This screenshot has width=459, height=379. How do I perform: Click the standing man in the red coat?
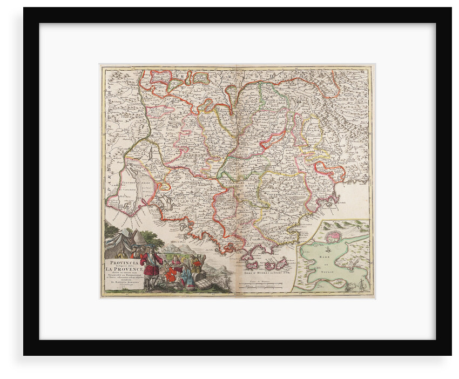click(152, 265)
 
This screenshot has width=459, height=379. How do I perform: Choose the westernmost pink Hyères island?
click(250, 265)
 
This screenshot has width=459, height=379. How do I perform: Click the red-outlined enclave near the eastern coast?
click(330, 172)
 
